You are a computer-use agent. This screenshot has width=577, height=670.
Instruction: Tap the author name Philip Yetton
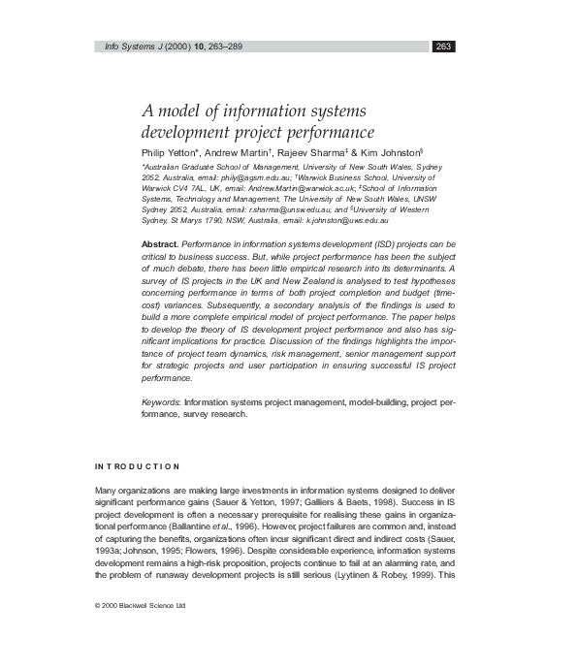[x=172, y=152]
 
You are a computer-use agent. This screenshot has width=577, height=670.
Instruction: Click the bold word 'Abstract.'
[x=160, y=243]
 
